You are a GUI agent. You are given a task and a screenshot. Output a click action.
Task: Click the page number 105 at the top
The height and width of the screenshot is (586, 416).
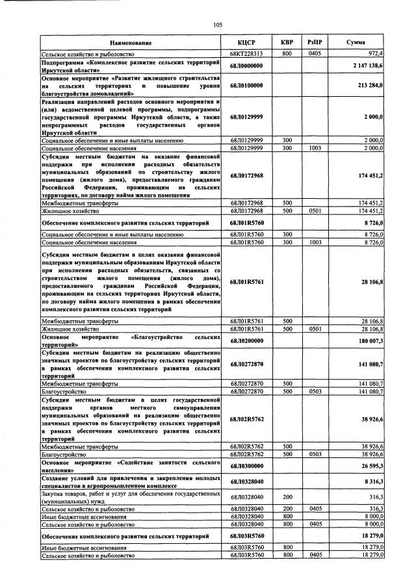(x=218, y=25)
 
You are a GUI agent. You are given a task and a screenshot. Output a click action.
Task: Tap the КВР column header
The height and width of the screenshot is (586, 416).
(x=287, y=42)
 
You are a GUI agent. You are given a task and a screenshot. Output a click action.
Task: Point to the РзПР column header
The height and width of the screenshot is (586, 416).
(x=316, y=42)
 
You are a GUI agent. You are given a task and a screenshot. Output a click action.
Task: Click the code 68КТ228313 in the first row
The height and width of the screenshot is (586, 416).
(x=246, y=53)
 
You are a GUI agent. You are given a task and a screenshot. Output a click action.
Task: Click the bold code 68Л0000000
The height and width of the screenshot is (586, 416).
(x=246, y=66)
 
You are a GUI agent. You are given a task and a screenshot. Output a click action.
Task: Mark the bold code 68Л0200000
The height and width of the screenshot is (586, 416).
(x=246, y=341)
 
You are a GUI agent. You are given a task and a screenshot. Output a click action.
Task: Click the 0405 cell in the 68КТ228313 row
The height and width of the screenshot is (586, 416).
(x=316, y=53)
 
